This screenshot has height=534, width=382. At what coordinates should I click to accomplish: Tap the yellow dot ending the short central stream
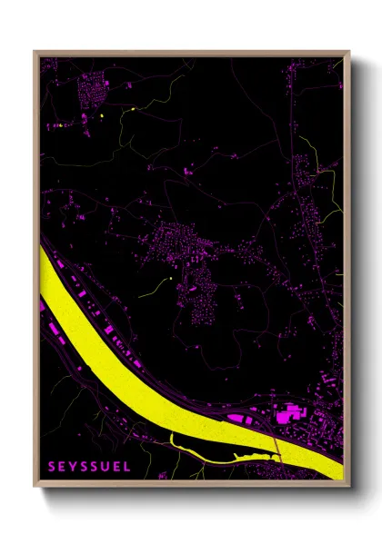170,279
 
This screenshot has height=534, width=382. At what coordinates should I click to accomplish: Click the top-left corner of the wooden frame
35,51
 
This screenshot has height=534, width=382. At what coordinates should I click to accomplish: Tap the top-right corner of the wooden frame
349,51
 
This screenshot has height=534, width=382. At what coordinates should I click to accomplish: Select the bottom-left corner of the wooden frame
35,487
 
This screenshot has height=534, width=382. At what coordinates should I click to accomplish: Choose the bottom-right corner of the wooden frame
349,487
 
